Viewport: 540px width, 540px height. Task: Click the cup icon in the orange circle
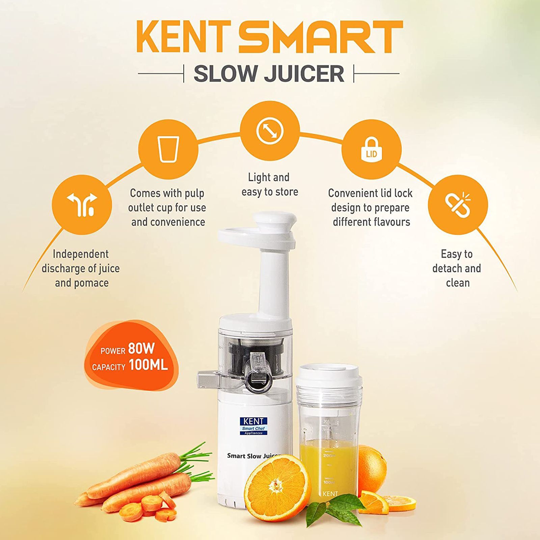coord(168,149)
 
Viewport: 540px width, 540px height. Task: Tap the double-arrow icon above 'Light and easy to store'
coord(270,131)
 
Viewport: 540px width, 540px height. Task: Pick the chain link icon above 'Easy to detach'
coord(458,205)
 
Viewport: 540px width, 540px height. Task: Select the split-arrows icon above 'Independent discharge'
coord(82,205)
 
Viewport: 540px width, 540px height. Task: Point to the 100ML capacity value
coord(148,365)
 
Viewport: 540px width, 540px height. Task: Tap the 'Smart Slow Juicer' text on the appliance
coord(253,456)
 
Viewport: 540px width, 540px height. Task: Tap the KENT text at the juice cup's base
coord(330,494)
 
